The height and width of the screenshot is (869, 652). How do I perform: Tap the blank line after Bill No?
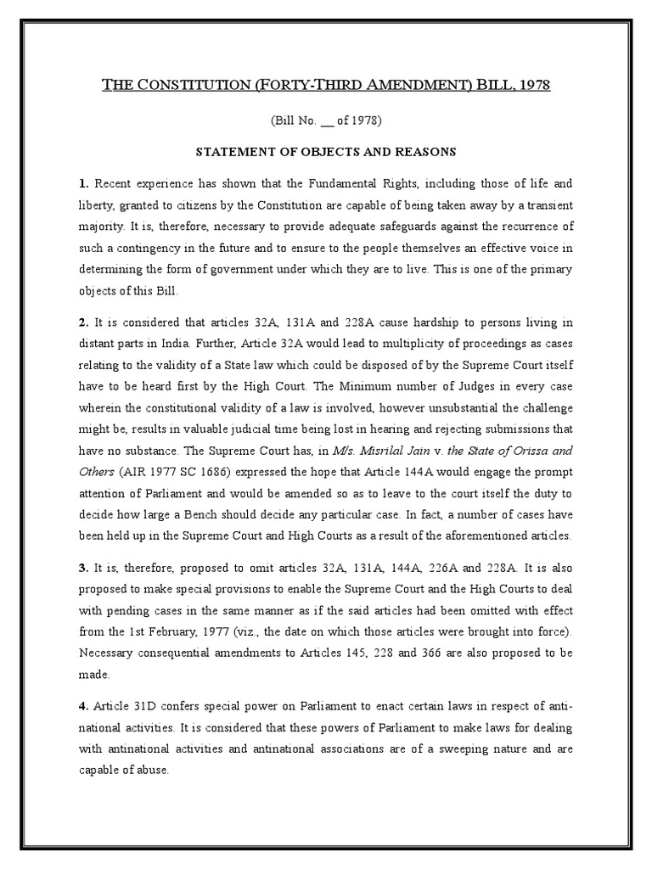click(x=324, y=121)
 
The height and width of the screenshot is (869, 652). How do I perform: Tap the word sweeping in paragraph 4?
click(x=481, y=749)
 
